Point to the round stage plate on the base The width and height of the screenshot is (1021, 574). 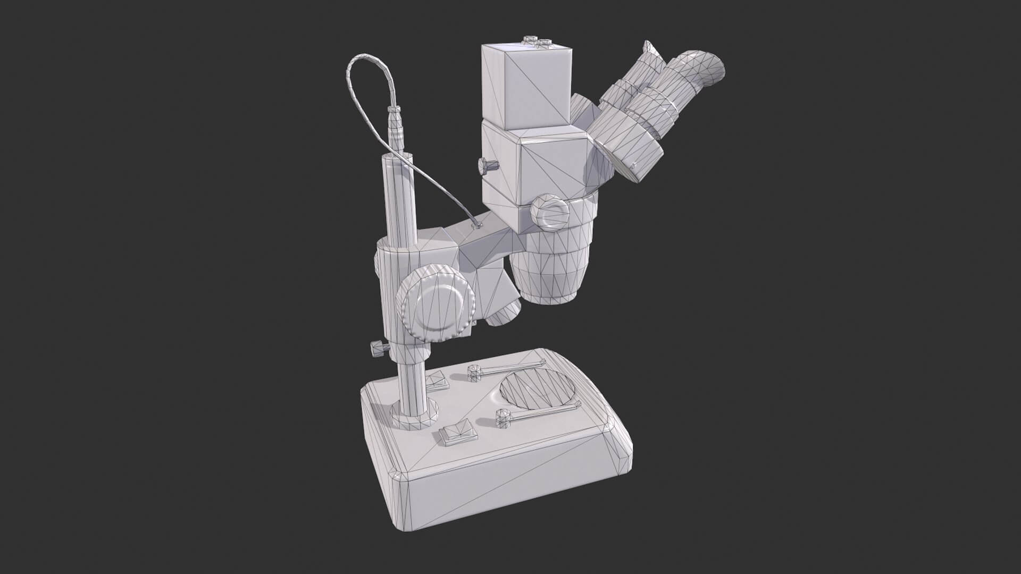538,391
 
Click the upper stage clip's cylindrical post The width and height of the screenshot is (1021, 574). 474,373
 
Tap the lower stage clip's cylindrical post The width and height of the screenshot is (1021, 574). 503,418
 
